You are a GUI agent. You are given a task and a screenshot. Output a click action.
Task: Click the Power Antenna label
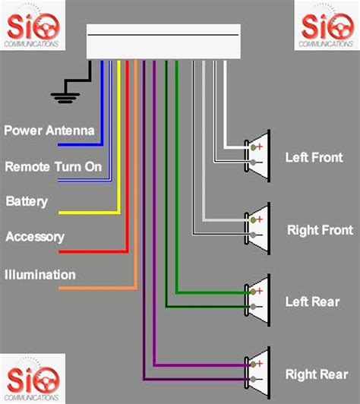click(49, 131)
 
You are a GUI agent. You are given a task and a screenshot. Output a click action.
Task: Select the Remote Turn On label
click(53, 166)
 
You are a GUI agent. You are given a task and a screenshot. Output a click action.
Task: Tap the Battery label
click(27, 202)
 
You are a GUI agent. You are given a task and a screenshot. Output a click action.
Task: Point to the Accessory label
click(35, 237)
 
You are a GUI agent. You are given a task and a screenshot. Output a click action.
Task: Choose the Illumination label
click(40, 274)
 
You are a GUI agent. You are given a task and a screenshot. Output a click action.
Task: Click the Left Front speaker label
click(314, 158)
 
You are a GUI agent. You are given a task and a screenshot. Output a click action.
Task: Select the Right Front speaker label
click(319, 229)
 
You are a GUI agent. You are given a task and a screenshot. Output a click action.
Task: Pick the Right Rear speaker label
click(316, 374)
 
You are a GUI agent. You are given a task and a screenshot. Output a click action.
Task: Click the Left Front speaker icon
click(257, 155)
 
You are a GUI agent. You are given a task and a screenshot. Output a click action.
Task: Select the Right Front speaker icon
click(257, 226)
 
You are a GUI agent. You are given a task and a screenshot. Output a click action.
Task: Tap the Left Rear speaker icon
click(257, 298)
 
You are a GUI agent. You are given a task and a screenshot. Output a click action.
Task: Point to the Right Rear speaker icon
click(257, 371)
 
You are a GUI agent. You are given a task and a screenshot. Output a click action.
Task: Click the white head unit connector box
click(163, 41)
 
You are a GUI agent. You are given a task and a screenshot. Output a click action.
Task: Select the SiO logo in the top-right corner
click(327, 25)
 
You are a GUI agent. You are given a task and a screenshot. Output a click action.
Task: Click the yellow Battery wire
click(118, 152)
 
